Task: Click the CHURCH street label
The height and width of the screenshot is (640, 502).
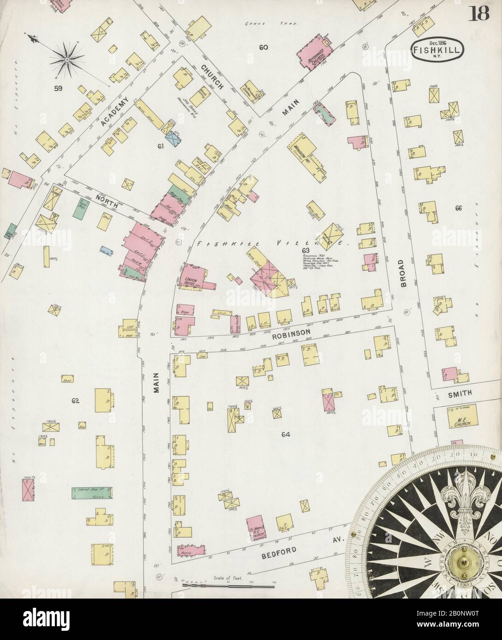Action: point(211,76)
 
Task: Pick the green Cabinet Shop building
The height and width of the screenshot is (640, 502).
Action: point(92,493)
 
